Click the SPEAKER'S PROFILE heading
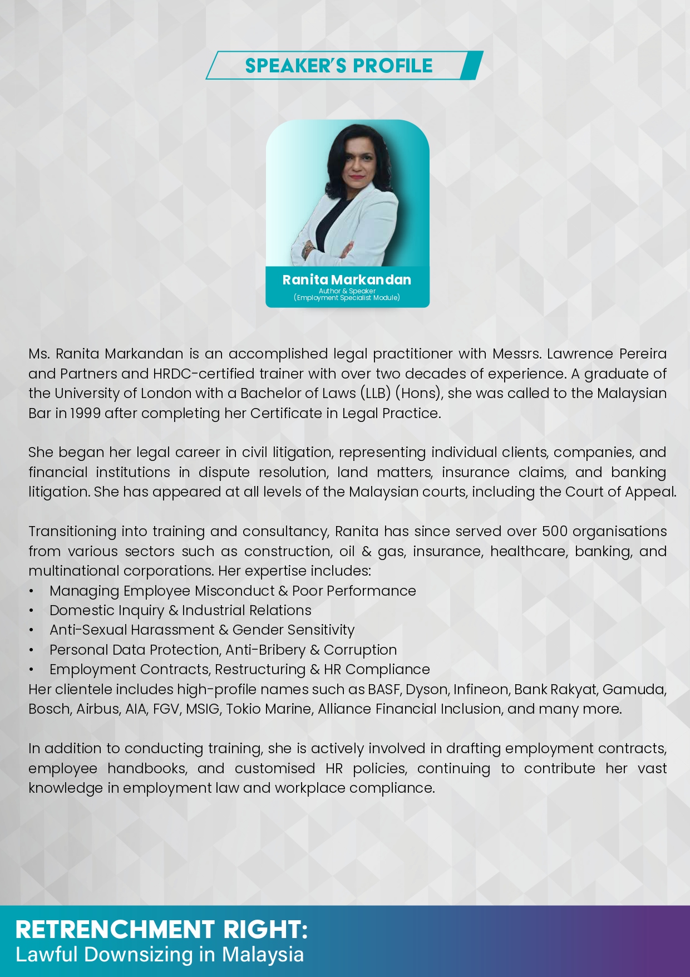point(338,66)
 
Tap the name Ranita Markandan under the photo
point(347,279)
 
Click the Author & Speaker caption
point(347,291)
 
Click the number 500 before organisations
point(554,532)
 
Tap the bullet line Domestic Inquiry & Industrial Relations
point(180,610)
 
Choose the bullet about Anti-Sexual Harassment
point(201,630)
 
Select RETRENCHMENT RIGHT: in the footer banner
point(161,930)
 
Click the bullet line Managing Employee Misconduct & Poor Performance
point(233,591)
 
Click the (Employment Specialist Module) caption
point(347,298)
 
